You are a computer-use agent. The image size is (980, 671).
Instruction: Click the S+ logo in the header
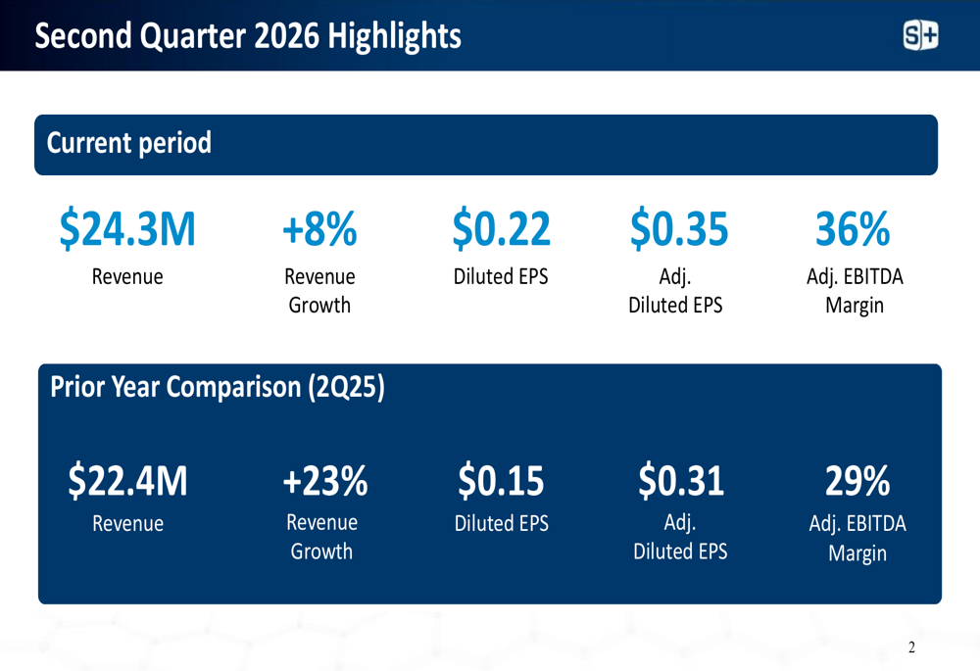(x=920, y=36)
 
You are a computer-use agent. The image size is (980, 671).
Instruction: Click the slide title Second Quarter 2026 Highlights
(x=248, y=36)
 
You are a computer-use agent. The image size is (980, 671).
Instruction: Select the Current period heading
(x=129, y=143)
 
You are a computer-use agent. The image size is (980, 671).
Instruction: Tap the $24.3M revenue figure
(x=127, y=228)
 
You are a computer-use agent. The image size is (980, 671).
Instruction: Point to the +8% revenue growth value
(x=319, y=228)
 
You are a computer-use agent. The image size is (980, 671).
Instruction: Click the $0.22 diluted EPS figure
(x=501, y=228)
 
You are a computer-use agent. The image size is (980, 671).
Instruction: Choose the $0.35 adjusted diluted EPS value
(x=678, y=228)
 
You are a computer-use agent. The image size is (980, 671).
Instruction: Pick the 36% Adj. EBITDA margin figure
(x=853, y=228)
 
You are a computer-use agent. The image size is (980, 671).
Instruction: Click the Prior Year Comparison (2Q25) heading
(x=218, y=387)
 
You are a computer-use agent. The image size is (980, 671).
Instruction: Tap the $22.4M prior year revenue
(x=127, y=481)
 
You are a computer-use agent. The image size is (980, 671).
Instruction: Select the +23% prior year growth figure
(x=324, y=481)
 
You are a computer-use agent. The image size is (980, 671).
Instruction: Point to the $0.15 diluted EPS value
(x=501, y=481)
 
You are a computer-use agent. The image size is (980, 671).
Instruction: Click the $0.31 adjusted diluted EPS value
(x=680, y=481)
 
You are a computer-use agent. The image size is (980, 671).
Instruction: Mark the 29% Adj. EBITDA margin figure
(x=857, y=481)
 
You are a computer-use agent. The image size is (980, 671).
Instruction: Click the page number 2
(x=911, y=647)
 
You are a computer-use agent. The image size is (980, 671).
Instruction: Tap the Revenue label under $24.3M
(x=127, y=277)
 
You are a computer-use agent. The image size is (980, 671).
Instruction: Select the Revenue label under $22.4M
(x=127, y=524)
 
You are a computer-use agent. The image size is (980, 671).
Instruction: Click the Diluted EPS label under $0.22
(x=501, y=277)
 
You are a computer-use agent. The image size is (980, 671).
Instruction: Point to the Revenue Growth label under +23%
(x=321, y=537)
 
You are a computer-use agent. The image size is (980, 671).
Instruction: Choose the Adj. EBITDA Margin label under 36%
(x=855, y=291)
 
